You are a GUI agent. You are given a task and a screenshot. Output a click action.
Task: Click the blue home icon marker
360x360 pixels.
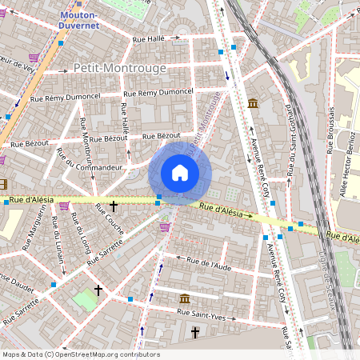(x=180, y=173)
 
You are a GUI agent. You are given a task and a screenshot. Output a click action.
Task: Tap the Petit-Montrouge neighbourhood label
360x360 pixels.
(x=119, y=68)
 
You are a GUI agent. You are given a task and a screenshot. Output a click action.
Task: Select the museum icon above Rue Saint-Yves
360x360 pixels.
(x=185, y=298)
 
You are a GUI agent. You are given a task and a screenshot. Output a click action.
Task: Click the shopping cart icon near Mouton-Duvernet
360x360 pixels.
(x=33, y=58)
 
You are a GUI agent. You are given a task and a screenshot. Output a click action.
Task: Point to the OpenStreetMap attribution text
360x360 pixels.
(x=80, y=354)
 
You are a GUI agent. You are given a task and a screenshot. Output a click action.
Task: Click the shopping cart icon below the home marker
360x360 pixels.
(x=165, y=227)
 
